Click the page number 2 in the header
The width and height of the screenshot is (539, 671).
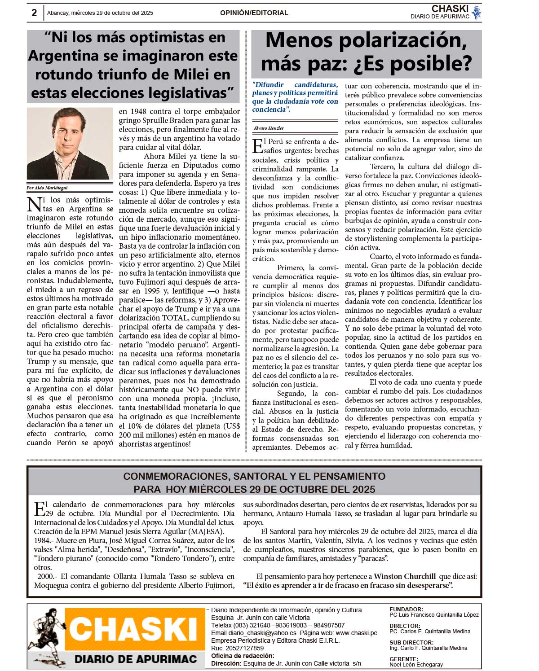coord(34,13)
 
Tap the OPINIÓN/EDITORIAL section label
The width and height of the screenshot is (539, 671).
coord(254,13)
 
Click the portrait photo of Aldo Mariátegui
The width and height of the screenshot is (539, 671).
coord(70,144)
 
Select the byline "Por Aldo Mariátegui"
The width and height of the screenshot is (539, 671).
coord(47,188)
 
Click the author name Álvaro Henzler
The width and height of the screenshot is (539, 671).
coord(269,128)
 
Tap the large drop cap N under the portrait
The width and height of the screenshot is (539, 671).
coord(34,205)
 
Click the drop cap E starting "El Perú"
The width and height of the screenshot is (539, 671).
coord(258,146)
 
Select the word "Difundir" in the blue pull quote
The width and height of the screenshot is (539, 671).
coord(268,85)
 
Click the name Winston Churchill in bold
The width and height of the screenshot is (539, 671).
coord(404,576)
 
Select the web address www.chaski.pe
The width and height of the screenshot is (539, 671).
coord(356,633)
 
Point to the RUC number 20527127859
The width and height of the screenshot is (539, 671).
coord(245,648)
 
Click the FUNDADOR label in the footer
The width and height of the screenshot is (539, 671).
coord(406,610)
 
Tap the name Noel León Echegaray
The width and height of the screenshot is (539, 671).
coord(416,665)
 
